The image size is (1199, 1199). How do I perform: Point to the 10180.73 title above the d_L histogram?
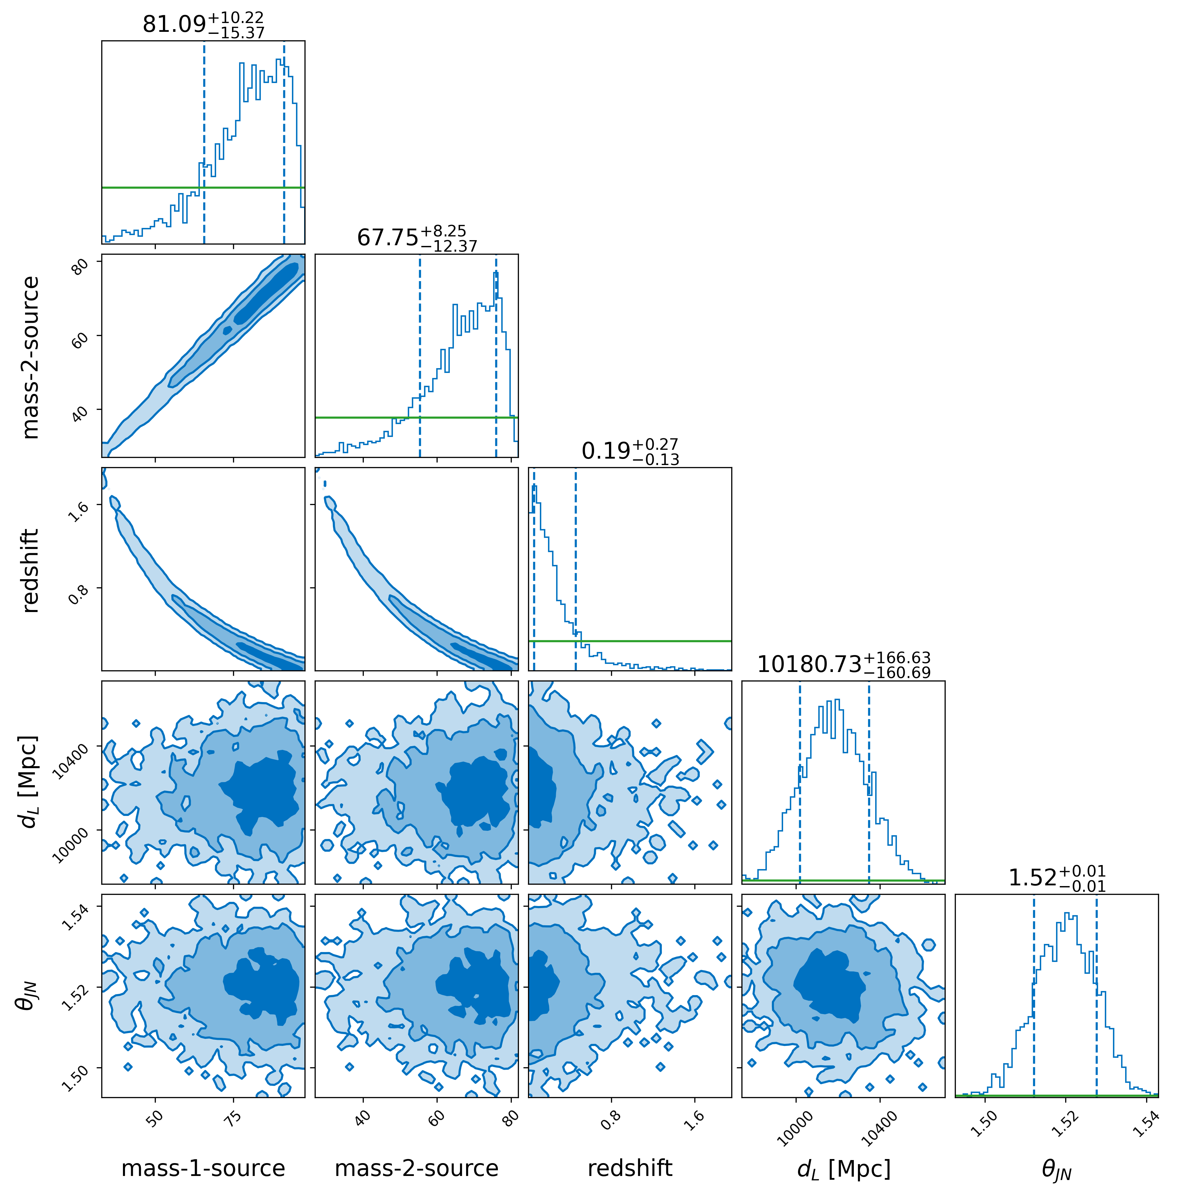point(843,665)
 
